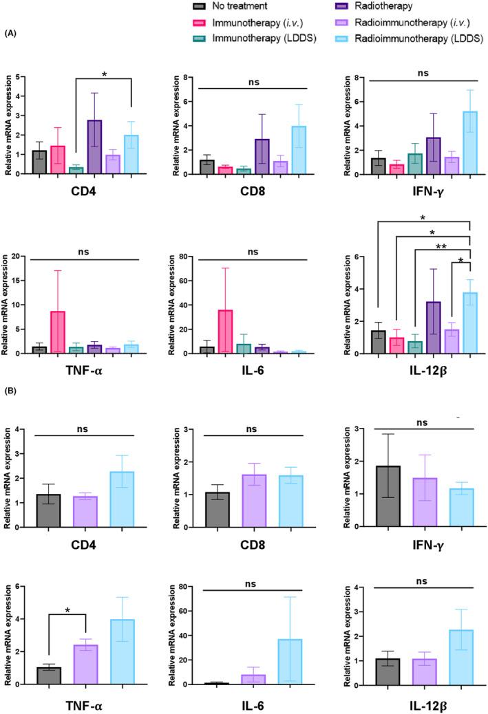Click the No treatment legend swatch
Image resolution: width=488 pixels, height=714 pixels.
[198, 8]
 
